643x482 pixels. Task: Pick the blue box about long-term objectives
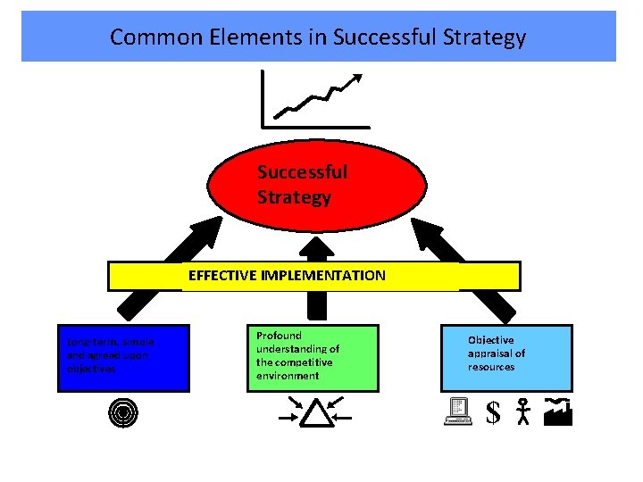[x=123, y=358]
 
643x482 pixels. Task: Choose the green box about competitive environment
[x=312, y=357]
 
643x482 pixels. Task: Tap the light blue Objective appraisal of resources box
[x=506, y=357]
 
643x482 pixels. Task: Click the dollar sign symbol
[x=493, y=411]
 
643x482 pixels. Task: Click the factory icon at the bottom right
[x=557, y=411]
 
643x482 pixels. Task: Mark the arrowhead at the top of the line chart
[x=358, y=79]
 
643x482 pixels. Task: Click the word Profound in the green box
[x=279, y=336]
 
